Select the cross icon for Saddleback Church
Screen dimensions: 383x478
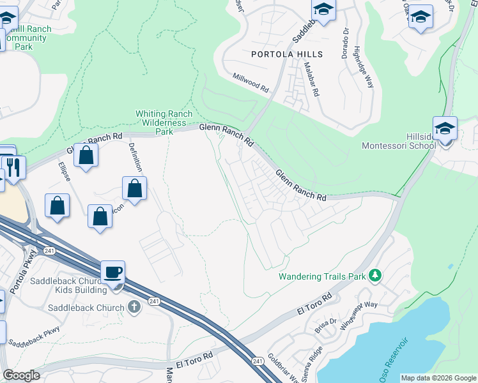point(134,307)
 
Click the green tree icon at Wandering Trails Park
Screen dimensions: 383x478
point(376,276)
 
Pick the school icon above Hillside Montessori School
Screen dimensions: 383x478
point(445,128)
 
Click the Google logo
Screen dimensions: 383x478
point(21,375)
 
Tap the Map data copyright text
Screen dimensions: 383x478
point(438,378)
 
